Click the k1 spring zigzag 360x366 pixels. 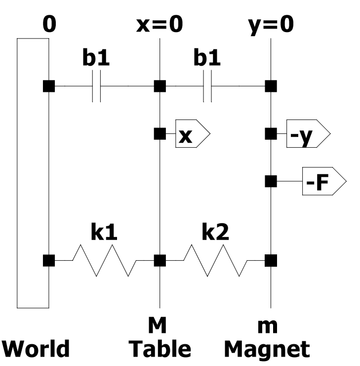[104, 260]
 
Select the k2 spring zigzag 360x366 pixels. [215, 260]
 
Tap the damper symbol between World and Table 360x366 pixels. [96, 86]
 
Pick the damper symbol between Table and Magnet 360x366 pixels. [207, 86]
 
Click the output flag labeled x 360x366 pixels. [193, 133]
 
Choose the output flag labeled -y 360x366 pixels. [309, 133]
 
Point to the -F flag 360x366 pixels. [324, 181]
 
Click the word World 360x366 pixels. [36, 349]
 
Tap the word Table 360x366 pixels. [160, 349]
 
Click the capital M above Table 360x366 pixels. [158, 325]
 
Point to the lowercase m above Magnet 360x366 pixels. [268, 327]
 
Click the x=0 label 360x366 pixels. [160, 24]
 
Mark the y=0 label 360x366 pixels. [271, 26]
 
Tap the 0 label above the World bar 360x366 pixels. [49, 24]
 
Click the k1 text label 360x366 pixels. [104, 232]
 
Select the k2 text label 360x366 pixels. [215, 232]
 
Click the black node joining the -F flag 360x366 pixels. [271, 181]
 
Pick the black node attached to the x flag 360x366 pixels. [160, 134]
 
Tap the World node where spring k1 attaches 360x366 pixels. [49, 260]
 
